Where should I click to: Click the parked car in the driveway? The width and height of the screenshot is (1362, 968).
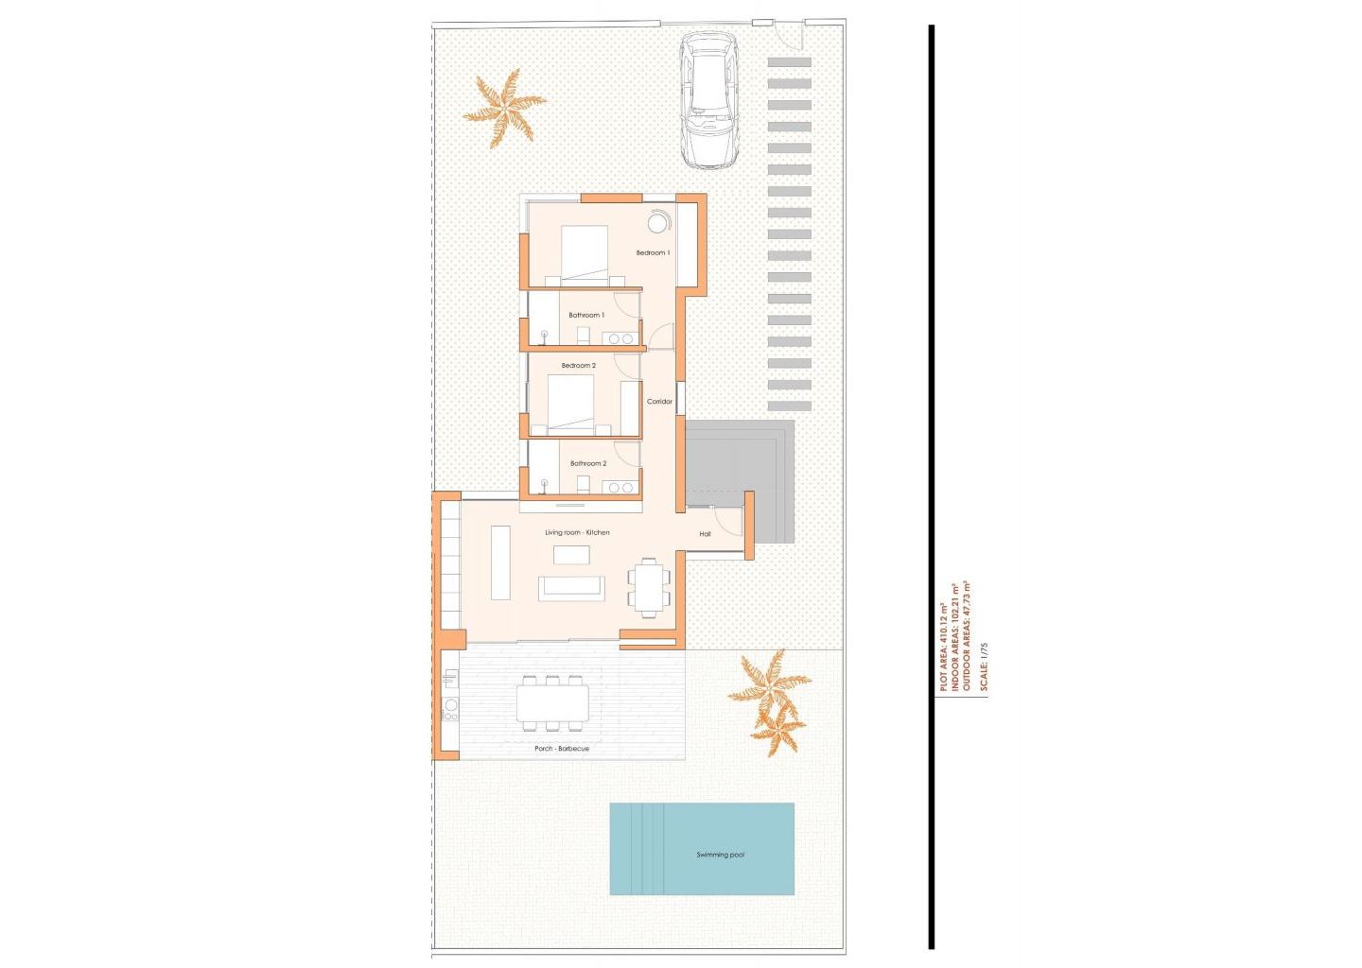[x=709, y=100]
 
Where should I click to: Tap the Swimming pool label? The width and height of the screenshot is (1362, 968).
[x=721, y=855]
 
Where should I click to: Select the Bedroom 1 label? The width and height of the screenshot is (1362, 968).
[x=653, y=252]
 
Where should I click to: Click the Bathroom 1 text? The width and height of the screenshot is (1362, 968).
[x=586, y=316]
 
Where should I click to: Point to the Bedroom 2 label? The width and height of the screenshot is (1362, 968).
[x=578, y=366]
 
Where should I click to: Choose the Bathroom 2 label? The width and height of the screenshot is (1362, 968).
[x=588, y=463]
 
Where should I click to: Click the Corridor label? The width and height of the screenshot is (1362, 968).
[x=660, y=402]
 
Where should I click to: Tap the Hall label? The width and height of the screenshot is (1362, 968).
[x=706, y=534]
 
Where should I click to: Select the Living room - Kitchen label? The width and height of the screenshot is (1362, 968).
[x=577, y=533]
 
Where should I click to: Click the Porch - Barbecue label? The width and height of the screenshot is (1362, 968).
[x=562, y=749]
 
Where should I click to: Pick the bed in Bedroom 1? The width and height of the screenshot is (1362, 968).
[x=585, y=254]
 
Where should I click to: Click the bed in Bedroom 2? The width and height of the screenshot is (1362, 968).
[x=571, y=404]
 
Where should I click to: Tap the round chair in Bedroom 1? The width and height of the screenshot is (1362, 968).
[x=657, y=222]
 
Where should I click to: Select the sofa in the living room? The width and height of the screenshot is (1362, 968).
[x=571, y=588]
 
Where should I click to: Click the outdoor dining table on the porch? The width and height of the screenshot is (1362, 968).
[x=552, y=703]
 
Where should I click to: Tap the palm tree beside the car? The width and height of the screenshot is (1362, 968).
[x=504, y=108]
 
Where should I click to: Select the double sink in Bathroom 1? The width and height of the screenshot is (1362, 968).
[x=620, y=338]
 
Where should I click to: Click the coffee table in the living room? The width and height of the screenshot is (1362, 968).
[x=571, y=555]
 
